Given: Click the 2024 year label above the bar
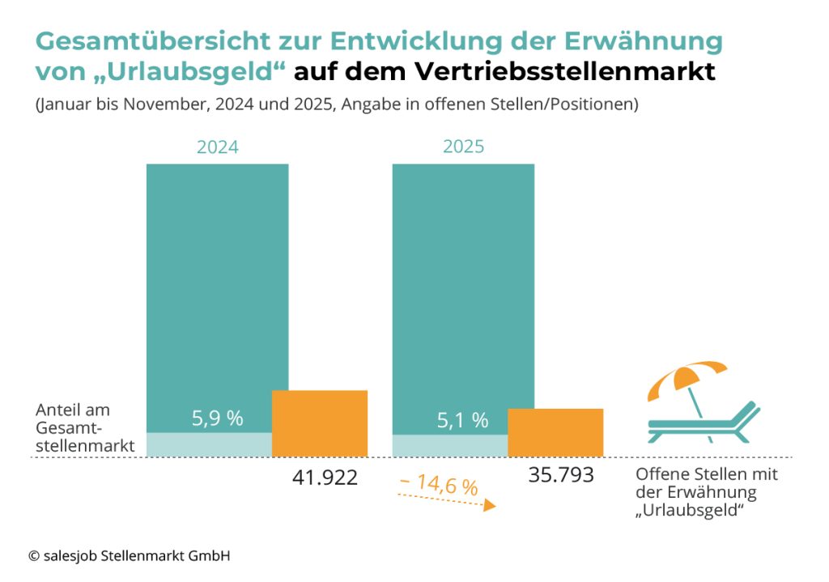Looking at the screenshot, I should [x=217, y=147].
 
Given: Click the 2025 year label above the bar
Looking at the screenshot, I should [x=463, y=147].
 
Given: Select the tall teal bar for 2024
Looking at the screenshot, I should [x=217, y=283].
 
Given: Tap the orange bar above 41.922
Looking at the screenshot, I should [x=320, y=423].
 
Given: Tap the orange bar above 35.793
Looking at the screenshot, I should [x=555, y=432].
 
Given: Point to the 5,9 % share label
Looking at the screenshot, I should [x=217, y=418].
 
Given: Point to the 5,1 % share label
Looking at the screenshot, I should [x=463, y=421].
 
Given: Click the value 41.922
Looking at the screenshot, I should [x=325, y=478].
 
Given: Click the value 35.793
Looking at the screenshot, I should [x=561, y=475].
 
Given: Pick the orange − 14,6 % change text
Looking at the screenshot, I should [x=438, y=486].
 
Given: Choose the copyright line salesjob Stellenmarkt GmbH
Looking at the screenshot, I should [x=130, y=556].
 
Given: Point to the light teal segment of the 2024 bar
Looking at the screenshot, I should [x=209, y=444].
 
